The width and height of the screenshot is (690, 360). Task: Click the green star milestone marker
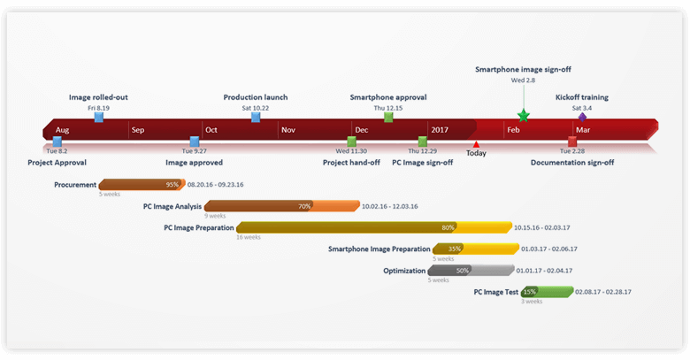[x=523, y=115]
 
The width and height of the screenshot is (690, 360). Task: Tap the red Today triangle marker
[x=476, y=143]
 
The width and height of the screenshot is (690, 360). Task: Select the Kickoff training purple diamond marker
[x=582, y=116]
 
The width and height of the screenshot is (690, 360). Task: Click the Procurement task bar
[x=142, y=185]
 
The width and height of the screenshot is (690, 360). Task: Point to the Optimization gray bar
[x=471, y=271]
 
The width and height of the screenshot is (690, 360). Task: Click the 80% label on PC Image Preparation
[x=448, y=227]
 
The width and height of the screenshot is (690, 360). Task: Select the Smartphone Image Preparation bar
[x=474, y=249]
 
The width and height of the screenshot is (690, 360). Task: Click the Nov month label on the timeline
[x=287, y=130]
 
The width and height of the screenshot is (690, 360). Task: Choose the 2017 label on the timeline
[x=440, y=130]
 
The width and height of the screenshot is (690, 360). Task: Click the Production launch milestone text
[x=255, y=97]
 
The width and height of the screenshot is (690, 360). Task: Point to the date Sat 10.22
[x=255, y=108]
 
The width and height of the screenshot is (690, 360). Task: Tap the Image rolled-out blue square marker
[x=98, y=117]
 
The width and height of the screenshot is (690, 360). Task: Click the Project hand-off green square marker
[x=351, y=142]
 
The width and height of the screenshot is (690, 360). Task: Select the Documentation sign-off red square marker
[x=571, y=142]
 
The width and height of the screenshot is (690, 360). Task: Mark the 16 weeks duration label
[x=248, y=237]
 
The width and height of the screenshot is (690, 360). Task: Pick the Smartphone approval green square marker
[x=388, y=117]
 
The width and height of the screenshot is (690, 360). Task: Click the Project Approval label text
[x=57, y=163]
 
